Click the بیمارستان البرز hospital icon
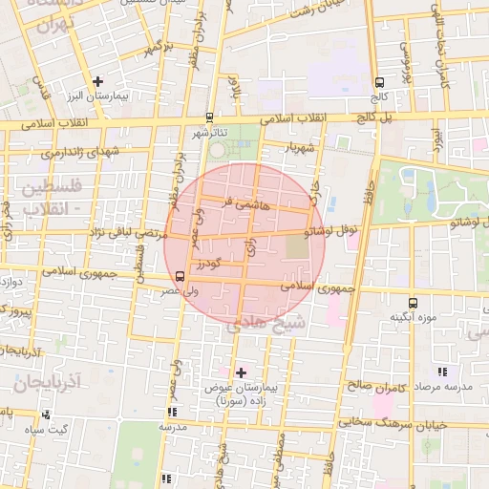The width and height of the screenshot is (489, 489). (x=97, y=81)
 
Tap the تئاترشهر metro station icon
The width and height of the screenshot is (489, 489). (x=209, y=118)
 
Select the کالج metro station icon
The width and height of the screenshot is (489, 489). (x=380, y=82)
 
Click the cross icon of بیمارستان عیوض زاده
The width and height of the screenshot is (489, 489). (x=240, y=372)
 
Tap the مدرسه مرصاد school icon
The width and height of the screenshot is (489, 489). (x=440, y=371)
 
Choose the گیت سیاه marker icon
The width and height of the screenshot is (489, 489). (x=46, y=415)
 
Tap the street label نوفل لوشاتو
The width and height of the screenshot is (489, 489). (x=330, y=230)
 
